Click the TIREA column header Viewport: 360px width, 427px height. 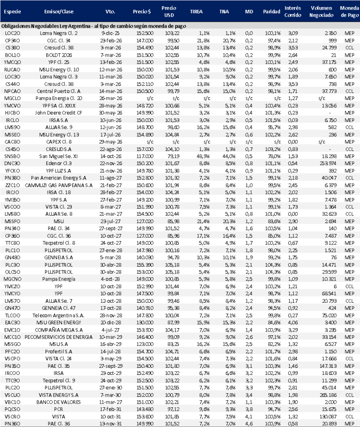point(196,12)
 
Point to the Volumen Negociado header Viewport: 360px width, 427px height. point(321,11)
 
